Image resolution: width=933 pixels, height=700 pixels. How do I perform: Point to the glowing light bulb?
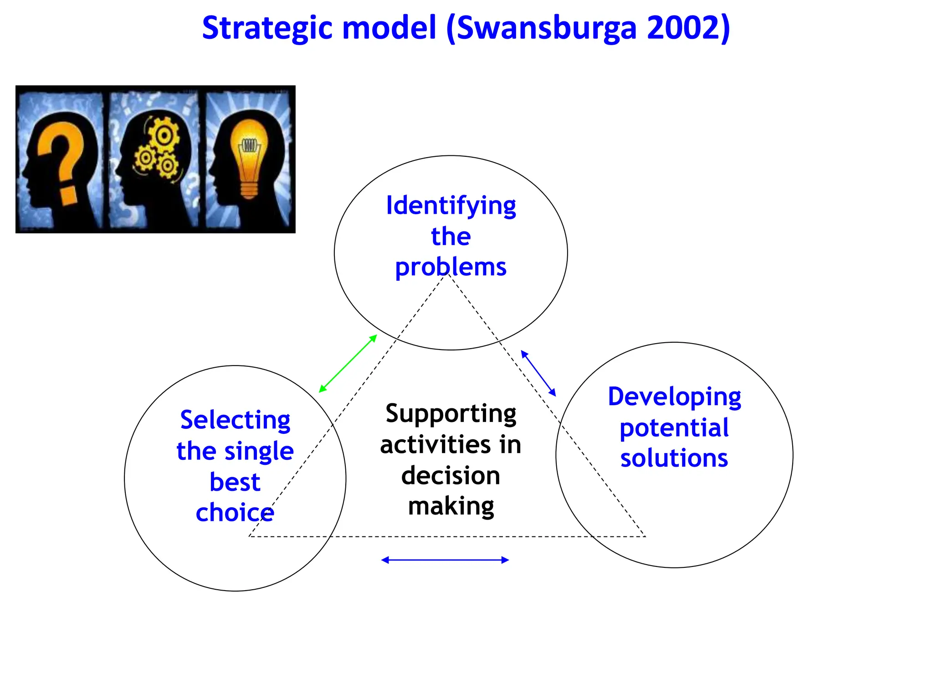(249, 155)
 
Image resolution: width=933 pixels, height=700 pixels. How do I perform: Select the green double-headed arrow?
(348, 363)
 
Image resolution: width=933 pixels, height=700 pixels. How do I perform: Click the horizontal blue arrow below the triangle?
(445, 560)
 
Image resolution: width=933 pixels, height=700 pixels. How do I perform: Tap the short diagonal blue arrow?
(538, 373)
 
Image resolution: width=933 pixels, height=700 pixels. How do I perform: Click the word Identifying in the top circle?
(451, 206)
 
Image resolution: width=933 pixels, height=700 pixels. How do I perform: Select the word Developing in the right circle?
(674, 397)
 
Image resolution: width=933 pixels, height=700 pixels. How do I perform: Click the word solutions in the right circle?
(674, 458)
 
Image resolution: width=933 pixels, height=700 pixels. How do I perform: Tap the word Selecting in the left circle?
(235, 420)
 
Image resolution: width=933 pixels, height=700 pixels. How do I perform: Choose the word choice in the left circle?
(235, 513)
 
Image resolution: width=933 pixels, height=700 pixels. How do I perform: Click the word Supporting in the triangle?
(451, 414)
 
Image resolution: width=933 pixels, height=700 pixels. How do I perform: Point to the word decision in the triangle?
(451, 476)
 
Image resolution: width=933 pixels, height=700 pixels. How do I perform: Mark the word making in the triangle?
(451, 506)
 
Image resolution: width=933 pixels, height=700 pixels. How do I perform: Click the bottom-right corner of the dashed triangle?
(645, 536)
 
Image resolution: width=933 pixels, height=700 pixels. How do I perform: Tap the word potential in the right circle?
(674, 428)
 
